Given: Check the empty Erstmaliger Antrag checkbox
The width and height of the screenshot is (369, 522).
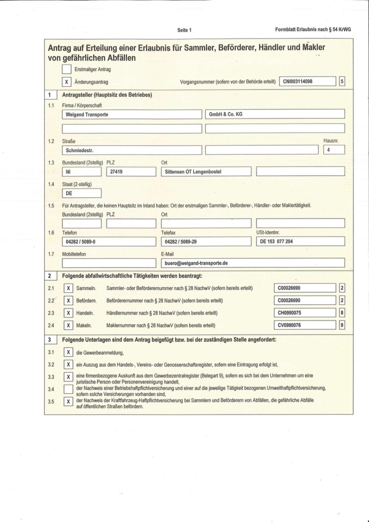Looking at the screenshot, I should coord(67,70).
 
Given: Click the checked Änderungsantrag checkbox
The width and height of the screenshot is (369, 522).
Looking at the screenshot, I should coord(67,82).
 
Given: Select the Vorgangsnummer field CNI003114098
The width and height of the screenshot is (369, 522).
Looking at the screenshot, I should coord(307,82).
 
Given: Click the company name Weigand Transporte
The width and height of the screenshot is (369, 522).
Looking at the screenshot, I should coord(131,114).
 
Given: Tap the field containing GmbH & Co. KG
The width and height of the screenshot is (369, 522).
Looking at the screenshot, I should coord(275,114).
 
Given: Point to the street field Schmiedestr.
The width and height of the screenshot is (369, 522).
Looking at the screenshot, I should coord(131,150).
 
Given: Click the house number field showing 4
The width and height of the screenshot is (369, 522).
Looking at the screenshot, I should coord(334,150).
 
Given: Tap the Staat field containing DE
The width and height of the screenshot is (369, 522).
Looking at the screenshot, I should coord(82,193).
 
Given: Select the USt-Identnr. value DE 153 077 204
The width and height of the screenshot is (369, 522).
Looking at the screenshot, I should coord(300,241).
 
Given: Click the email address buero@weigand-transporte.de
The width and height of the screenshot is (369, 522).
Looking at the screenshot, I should coord(253,263).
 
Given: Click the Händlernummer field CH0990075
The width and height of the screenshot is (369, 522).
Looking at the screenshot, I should coord(304,313).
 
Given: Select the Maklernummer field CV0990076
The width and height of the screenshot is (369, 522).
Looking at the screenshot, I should coord(304,325).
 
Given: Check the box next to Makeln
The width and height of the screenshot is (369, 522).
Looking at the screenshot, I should coord(68,325).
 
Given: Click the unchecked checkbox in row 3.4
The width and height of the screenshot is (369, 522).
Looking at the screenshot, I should coord(68,389).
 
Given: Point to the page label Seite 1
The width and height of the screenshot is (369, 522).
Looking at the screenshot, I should coord(184,30).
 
